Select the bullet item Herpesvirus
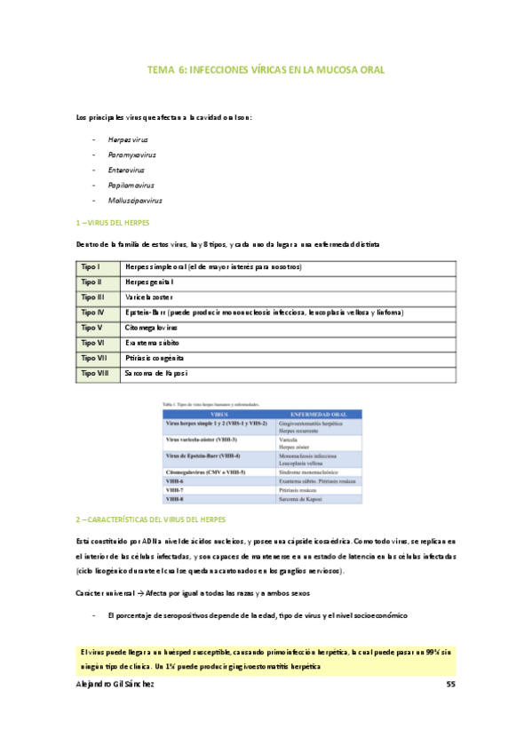[x=128, y=140]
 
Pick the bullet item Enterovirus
[x=127, y=170]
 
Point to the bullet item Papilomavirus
[x=131, y=186]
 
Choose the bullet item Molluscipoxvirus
[x=135, y=201]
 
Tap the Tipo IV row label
[x=92, y=313]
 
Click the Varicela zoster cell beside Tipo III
[x=150, y=297]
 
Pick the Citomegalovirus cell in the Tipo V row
[x=152, y=328]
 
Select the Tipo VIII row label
[x=94, y=374]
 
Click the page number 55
[x=449, y=686]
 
